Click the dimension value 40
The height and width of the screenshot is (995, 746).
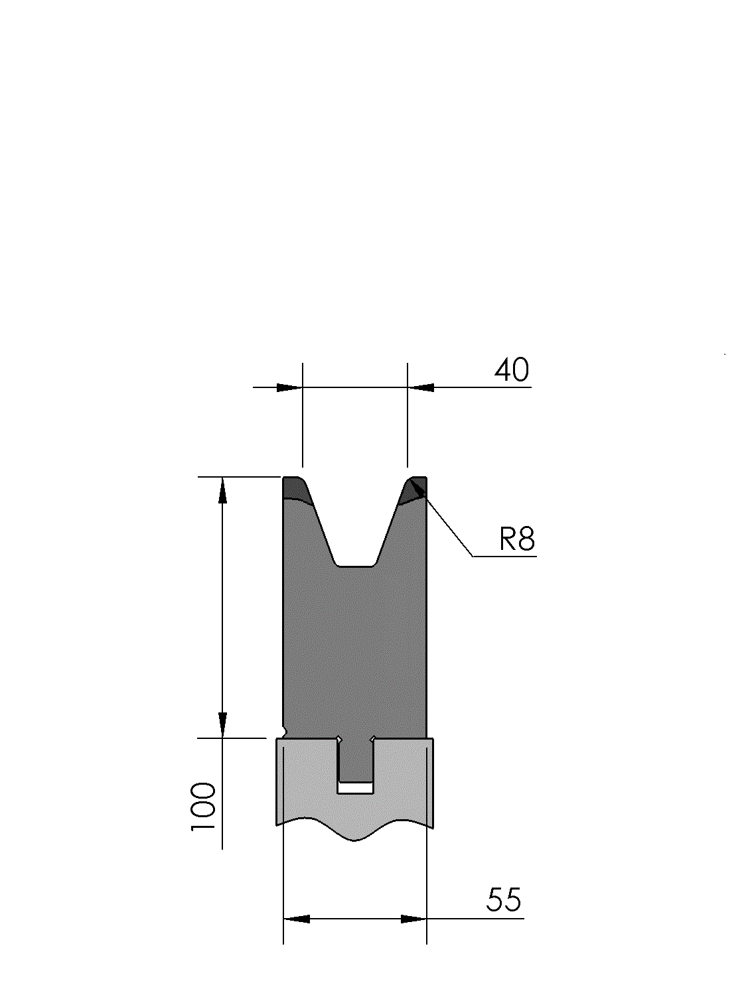(x=511, y=370)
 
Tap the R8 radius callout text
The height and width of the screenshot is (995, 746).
(x=517, y=539)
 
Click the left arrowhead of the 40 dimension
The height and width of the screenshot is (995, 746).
(x=289, y=387)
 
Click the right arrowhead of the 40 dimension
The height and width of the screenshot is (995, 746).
(x=421, y=387)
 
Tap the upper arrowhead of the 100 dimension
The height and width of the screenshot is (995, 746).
(x=222, y=490)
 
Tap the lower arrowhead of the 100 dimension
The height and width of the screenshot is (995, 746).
(x=222, y=725)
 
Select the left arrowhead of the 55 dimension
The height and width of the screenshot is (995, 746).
(x=297, y=919)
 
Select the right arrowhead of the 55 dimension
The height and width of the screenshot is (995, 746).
(x=413, y=919)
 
